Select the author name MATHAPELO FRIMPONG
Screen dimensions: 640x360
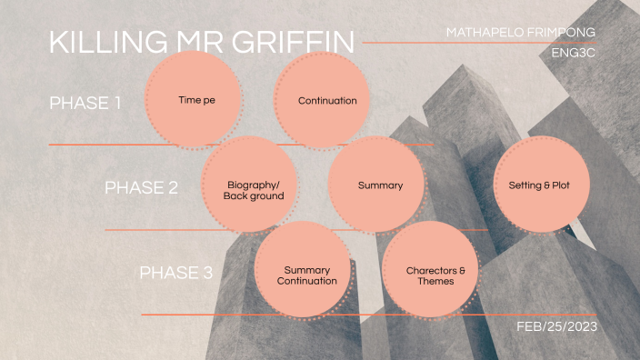521,32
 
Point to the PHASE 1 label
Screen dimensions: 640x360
85,103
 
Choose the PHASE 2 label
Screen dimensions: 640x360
141,188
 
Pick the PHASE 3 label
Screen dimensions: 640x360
175,273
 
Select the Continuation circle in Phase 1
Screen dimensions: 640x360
326,100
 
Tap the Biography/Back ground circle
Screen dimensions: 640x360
255,190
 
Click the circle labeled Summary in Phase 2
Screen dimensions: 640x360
379,185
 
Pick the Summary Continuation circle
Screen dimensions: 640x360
305,275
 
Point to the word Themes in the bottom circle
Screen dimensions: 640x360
435,282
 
